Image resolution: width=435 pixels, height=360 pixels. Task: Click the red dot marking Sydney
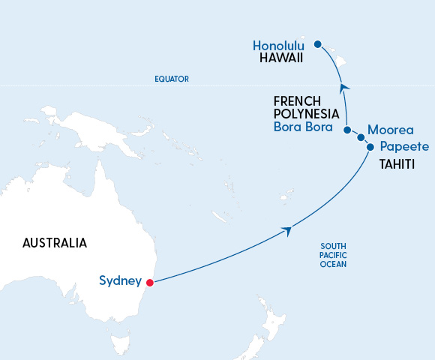point(150,283)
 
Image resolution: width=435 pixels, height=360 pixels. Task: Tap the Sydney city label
point(120,281)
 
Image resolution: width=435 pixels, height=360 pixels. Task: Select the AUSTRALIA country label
point(55,243)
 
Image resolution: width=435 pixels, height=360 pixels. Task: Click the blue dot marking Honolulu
point(317,44)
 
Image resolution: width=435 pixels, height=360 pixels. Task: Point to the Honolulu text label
point(279,45)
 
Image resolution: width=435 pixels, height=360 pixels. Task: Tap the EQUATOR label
point(171,79)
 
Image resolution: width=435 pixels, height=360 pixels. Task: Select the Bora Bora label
point(307,127)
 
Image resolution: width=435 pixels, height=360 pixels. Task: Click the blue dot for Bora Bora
point(346,130)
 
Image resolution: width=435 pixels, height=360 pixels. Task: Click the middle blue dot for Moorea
point(361,137)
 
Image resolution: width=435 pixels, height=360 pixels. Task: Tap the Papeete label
point(404,147)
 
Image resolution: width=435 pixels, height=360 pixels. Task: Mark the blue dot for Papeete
point(370,147)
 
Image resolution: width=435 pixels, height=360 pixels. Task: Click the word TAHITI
point(394,163)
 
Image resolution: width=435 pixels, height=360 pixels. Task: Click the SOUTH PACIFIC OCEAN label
point(333,256)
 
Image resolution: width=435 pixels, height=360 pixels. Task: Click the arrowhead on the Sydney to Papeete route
point(286,229)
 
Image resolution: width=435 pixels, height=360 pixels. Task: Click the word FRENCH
point(297,100)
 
